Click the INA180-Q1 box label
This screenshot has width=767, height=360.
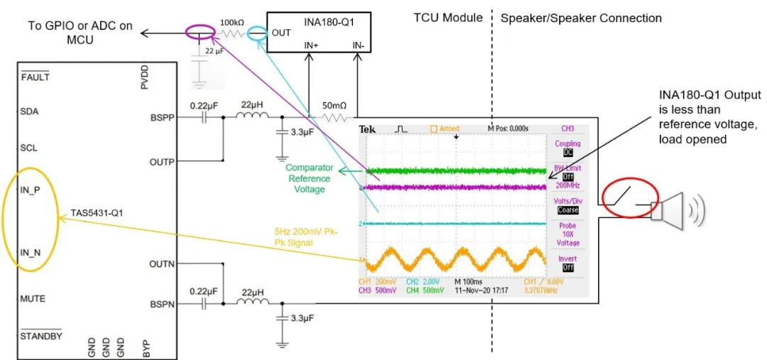point(328,21)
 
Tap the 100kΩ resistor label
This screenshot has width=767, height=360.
point(232,22)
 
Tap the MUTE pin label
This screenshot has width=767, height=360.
point(33,299)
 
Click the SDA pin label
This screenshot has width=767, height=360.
point(29,111)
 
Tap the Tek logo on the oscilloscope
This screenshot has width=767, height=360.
point(367,129)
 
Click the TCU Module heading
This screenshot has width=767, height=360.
point(448,18)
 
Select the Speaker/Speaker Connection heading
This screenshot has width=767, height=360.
point(581,18)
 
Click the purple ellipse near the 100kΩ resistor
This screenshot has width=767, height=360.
point(199,32)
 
